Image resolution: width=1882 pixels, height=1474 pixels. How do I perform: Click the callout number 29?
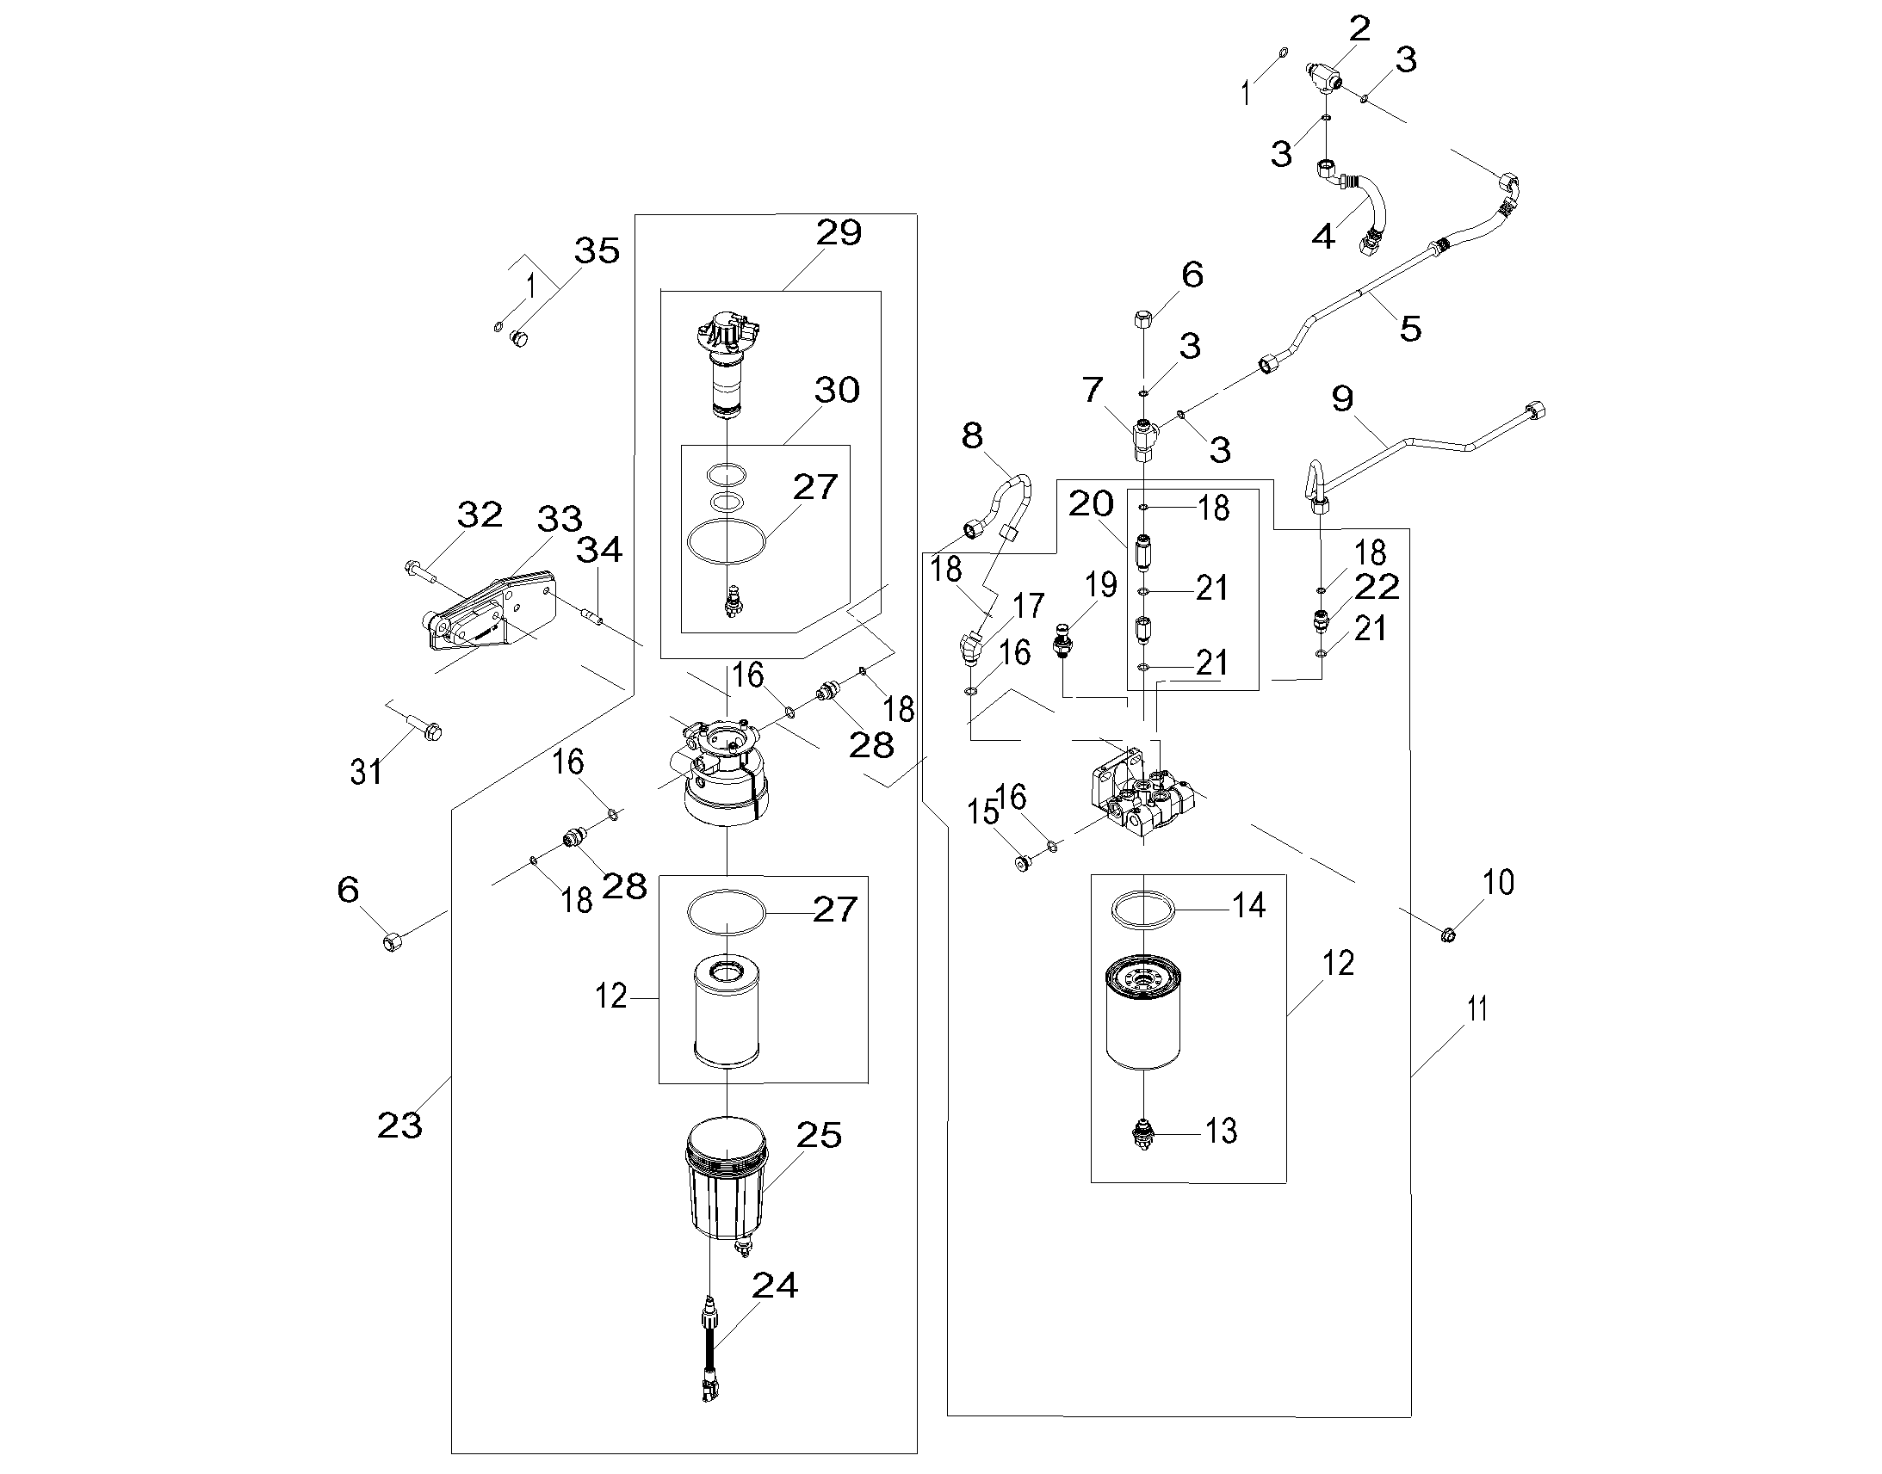point(839,232)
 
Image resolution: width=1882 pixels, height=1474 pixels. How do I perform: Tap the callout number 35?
point(597,250)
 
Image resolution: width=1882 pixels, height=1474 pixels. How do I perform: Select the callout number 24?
point(774,1285)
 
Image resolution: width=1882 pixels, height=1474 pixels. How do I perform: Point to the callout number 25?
point(819,1135)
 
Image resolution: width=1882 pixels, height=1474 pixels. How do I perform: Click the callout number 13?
point(1221,1131)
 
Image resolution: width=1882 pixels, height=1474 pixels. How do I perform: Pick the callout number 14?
point(1248,905)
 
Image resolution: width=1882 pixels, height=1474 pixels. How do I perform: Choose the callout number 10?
point(1499,882)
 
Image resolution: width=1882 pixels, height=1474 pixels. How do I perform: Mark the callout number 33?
point(560,519)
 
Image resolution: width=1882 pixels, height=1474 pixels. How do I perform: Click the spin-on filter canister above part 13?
point(1143,1014)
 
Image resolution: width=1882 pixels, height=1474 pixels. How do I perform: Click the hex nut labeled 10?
point(1449,934)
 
